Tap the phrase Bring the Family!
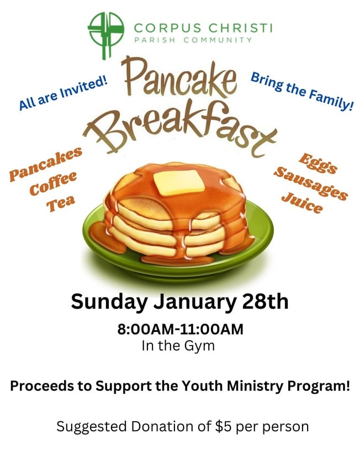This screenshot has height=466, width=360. pos(302,91)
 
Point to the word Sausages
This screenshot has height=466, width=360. pos(311,184)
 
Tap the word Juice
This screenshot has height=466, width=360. pos(303,203)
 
